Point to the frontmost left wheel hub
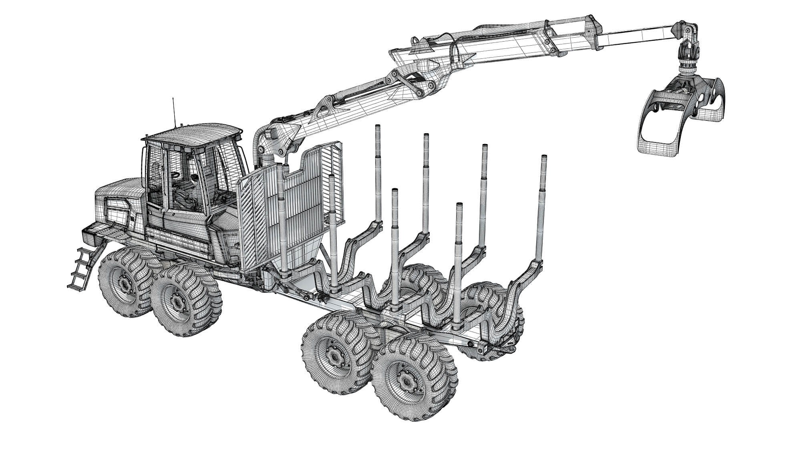coord(125,283)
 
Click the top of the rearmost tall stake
coord(544,158)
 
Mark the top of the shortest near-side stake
coord(459,206)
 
